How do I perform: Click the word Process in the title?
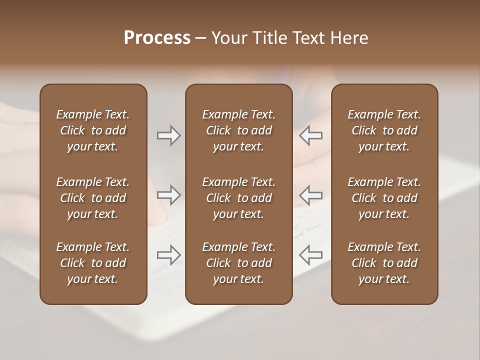157,38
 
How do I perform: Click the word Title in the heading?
269,38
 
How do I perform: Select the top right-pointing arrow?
168,135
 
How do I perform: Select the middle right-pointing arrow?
168,195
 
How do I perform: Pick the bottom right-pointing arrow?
168,255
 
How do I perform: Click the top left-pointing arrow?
311,135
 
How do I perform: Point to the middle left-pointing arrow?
311,195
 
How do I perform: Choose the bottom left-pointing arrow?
311,255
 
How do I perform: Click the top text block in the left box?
93,130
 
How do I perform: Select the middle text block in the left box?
93,198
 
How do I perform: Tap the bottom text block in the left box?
93,263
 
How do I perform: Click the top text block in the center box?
238,130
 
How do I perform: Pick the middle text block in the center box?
238,198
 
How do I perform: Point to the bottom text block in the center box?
238,263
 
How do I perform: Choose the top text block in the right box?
384,130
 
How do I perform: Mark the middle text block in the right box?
384,198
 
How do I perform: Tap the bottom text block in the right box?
384,263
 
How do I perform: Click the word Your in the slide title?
229,38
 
